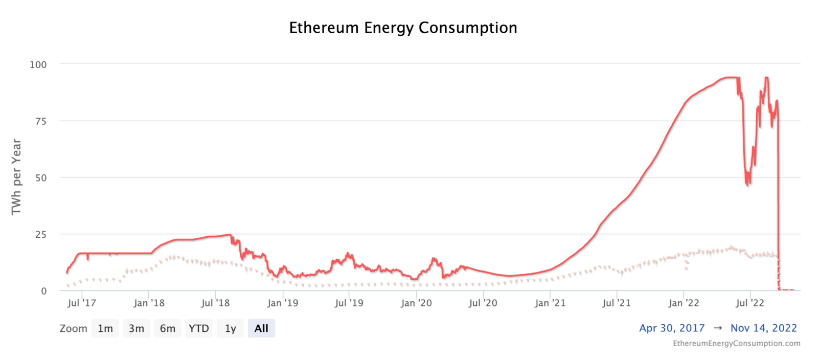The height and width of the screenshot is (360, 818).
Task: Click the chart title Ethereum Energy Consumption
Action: tap(403, 28)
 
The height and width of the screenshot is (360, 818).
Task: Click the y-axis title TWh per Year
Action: tap(16, 176)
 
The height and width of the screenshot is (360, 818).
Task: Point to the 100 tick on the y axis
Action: tap(38, 64)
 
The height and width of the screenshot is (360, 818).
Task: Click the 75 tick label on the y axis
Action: tap(40, 121)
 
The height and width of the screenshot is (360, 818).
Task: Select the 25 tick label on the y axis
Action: tap(40, 235)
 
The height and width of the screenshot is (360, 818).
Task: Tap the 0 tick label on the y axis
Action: tap(43, 291)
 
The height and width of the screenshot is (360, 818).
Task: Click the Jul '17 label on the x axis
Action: tap(82, 303)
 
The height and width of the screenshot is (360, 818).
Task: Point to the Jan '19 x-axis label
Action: tap(283, 303)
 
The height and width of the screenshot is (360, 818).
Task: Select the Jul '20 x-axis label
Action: tap(483, 303)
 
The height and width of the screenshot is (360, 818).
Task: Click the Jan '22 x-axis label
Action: tap(684, 303)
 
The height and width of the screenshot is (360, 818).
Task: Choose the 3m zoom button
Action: tap(136, 328)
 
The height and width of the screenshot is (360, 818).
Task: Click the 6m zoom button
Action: tap(167, 328)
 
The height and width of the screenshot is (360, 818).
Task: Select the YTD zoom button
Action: tap(198, 328)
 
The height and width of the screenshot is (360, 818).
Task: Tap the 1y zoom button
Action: tap(230, 328)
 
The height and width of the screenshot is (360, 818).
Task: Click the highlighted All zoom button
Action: tap(261, 328)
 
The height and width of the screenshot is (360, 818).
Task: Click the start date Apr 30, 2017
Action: tap(672, 328)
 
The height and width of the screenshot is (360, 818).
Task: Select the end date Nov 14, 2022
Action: tap(763, 328)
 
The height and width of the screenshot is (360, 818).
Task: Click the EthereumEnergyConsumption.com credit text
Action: tap(736, 343)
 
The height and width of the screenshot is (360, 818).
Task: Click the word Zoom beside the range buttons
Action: tap(73, 328)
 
